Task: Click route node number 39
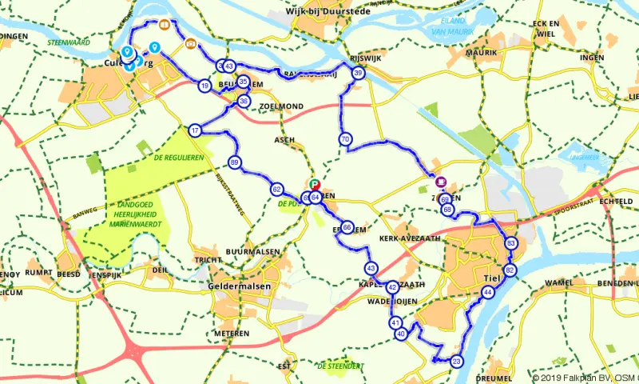click(x=359, y=74)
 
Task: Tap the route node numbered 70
click(x=345, y=139)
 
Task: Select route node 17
click(x=195, y=130)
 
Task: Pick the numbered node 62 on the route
click(x=277, y=190)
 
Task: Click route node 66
click(x=347, y=227)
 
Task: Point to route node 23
click(x=456, y=361)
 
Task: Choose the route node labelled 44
click(x=487, y=294)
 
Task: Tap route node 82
click(x=510, y=270)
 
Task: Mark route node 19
click(x=205, y=86)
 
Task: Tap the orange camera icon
click(x=190, y=44)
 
